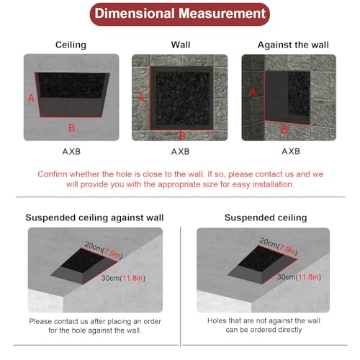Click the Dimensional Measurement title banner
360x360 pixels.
tap(180, 14)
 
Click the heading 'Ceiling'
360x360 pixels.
tap(71, 45)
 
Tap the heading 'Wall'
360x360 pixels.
tap(181, 45)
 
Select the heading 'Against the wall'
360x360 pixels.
tap(293, 45)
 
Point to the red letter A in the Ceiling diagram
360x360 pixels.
tap(31, 98)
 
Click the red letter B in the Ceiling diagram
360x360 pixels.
tap(71, 127)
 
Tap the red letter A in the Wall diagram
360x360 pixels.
tap(141, 98)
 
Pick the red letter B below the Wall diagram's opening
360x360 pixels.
tap(182, 136)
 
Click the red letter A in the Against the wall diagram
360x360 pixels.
tap(253, 91)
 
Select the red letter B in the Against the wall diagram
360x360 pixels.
tap(284, 130)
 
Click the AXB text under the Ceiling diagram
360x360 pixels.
tap(71, 152)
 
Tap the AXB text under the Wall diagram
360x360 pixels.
tap(180, 152)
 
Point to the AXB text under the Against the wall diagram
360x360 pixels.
tap(291, 151)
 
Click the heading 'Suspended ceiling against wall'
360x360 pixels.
tap(94, 217)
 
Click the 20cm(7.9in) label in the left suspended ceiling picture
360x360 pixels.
tap(104, 251)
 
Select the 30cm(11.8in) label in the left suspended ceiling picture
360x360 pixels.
tap(123, 279)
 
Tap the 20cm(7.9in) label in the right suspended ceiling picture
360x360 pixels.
tap(279, 246)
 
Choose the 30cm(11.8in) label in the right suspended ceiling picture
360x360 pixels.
tap(299, 277)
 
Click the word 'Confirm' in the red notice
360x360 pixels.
tap(53, 174)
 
